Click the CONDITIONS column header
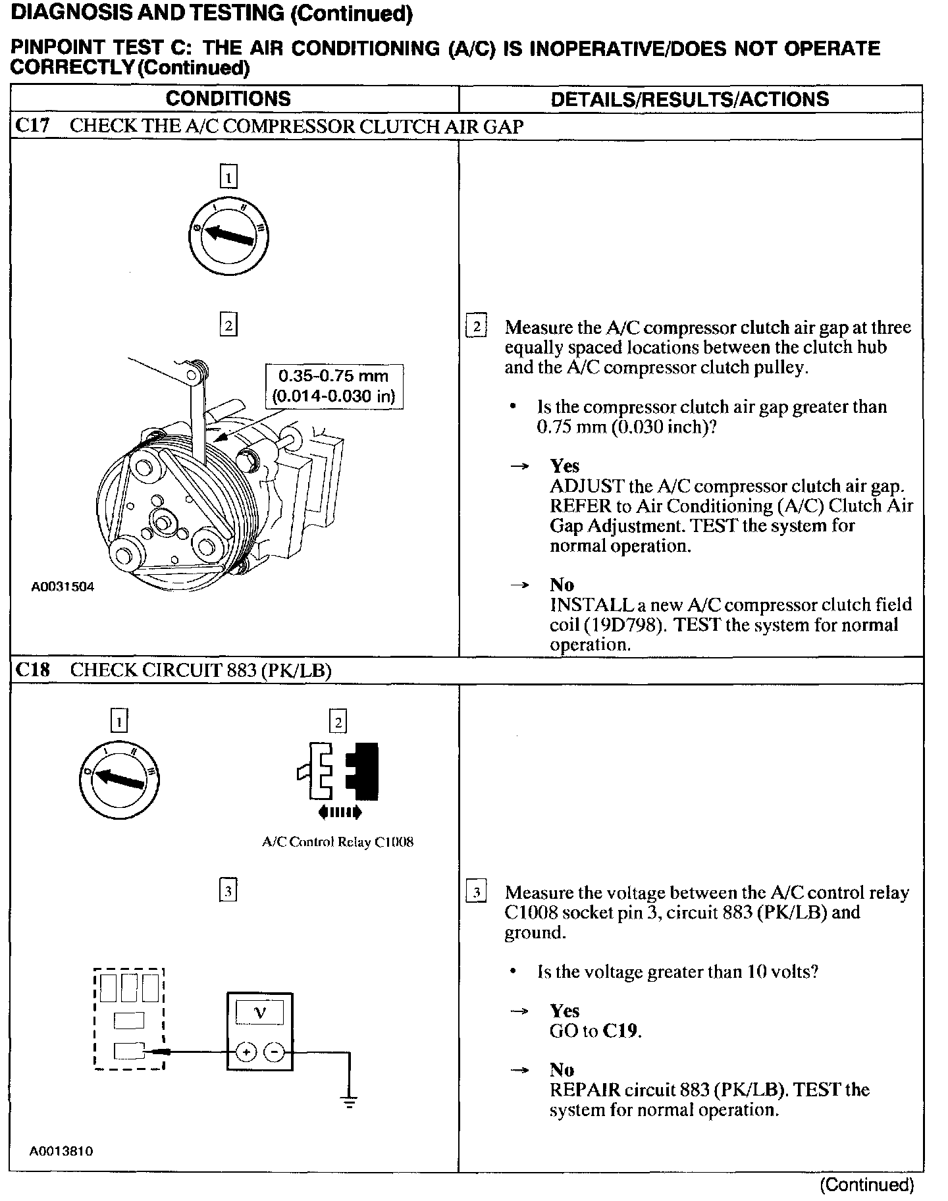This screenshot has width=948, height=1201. tap(228, 99)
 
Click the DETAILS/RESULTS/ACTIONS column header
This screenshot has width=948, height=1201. tap(689, 99)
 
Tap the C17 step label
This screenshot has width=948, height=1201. tap(32, 126)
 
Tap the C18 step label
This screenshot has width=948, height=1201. tap(32, 670)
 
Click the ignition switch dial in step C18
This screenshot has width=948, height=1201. tap(120, 780)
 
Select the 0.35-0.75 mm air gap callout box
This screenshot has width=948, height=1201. tap(334, 387)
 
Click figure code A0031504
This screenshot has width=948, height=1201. tap(63, 586)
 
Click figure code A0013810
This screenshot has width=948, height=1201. tap(62, 1152)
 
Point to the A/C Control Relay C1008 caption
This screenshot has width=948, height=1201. tap(337, 842)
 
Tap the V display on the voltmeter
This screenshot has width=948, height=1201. tap(259, 1013)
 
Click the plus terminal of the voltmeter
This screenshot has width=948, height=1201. tap(246, 1053)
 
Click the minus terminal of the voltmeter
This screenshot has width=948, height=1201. tap(273, 1053)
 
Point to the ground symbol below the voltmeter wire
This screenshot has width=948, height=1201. tap(349, 1100)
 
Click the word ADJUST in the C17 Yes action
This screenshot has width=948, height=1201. tap(587, 486)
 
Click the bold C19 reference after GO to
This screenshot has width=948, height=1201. tap(621, 1030)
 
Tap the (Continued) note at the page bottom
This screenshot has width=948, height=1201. tap(866, 1185)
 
